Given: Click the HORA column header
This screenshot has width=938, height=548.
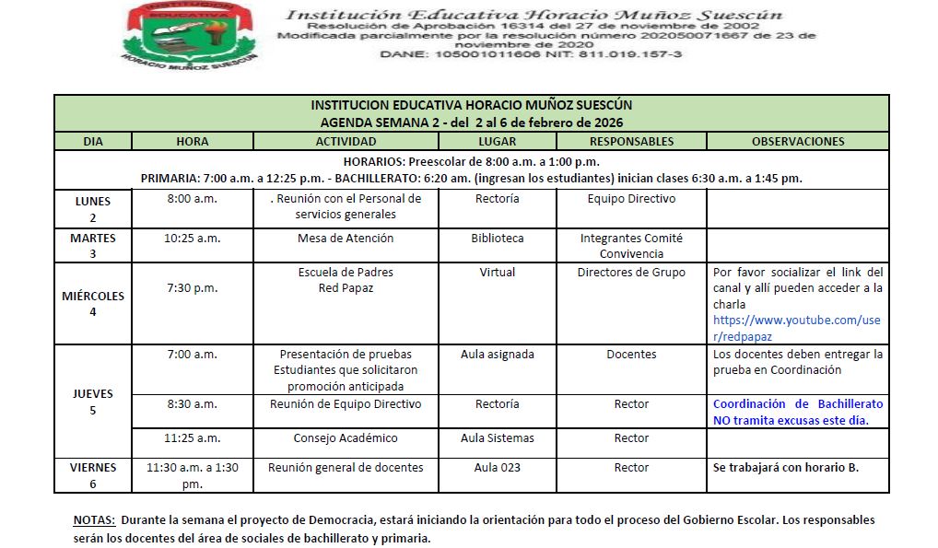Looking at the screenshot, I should pyautogui.click(x=192, y=142).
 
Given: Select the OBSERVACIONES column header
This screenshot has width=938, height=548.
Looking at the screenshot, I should pyautogui.click(x=797, y=142).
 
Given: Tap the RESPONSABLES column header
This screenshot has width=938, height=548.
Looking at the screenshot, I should pyautogui.click(x=631, y=142).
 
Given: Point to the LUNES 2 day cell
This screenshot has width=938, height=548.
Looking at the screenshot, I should pyautogui.click(x=92, y=208).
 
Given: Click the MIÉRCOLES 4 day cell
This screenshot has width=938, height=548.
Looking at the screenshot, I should pyautogui.click(x=92, y=304).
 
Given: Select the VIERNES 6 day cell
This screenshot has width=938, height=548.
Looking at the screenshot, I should pyautogui.click(x=92, y=475).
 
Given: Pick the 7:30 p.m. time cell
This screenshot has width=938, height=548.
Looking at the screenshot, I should pyautogui.click(x=192, y=288).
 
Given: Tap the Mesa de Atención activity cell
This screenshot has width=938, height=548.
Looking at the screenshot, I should pyautogui.click(x=346, y=239).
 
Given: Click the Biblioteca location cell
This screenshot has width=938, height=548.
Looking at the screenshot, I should pyautogui.click(x=498, y=239).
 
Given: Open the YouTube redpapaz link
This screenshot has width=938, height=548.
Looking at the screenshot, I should pyautogui.click(x=797, y=328).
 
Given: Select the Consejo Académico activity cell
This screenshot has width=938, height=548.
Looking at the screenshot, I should pyautogui.click(x=346, y=438).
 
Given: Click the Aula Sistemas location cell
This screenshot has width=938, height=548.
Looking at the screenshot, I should pyautogui.click(x=498, y=438).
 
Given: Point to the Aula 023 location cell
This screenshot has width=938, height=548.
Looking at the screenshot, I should pyautogui.click(x=498, y=468).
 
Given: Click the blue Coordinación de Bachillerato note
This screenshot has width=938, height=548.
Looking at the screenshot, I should pyautogui.click(x=797, y=412).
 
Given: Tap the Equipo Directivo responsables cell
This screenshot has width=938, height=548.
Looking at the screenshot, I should pyautogui.click(x=631, y=199).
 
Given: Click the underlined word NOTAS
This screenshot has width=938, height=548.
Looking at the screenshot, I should pyautogui.click(x=94, y=520).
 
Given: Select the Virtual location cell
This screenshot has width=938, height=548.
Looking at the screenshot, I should pyautogui.click(x=498, y=273).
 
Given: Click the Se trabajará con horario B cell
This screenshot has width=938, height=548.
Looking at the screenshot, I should pyautogui.click(x=785, y=468).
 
